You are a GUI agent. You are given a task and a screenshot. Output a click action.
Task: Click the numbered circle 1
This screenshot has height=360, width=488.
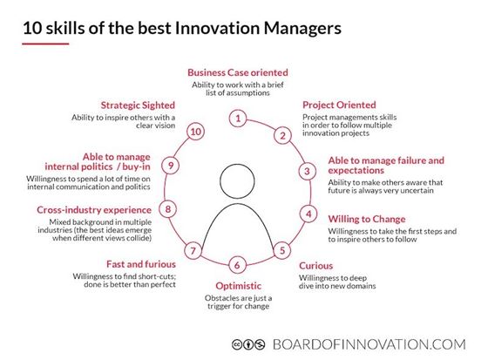[238, 119]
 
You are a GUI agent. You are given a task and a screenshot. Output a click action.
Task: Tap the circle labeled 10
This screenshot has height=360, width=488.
[196, 132]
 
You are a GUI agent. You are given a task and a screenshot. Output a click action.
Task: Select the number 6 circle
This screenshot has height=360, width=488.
[237, 265]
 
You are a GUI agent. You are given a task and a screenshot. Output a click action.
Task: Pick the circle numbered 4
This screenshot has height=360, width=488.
[308, 214]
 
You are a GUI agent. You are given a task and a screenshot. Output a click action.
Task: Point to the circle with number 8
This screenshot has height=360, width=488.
[168, 209]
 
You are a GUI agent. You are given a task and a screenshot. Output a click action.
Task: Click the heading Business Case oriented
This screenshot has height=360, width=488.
[238, 72]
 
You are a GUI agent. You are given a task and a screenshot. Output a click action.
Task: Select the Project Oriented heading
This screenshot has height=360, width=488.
[339, 105]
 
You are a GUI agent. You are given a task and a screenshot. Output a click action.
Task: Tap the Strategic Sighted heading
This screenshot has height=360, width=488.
[138, 105]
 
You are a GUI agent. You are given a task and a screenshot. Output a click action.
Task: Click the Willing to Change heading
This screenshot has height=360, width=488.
[367, 219]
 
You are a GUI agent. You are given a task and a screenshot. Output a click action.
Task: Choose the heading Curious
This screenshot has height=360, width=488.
[315, 266]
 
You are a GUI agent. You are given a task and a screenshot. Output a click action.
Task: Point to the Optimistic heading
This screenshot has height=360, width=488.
[239, 286]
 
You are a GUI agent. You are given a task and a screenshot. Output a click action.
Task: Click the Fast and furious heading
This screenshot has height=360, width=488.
[141, 264]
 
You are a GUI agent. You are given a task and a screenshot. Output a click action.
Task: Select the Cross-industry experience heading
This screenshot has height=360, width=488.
[94, 210]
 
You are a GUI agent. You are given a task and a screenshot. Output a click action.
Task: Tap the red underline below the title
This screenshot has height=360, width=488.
[45, 44]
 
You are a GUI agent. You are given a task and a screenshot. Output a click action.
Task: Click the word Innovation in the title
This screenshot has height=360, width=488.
[217, 28]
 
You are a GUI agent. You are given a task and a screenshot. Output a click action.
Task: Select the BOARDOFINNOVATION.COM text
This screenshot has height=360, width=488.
[369, 344]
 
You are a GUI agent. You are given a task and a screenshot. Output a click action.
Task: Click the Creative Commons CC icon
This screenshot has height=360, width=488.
[237, 344]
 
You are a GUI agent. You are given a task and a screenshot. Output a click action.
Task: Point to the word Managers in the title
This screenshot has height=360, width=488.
[302, 29]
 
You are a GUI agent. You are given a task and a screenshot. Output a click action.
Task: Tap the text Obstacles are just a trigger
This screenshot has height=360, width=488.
[239, 302]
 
